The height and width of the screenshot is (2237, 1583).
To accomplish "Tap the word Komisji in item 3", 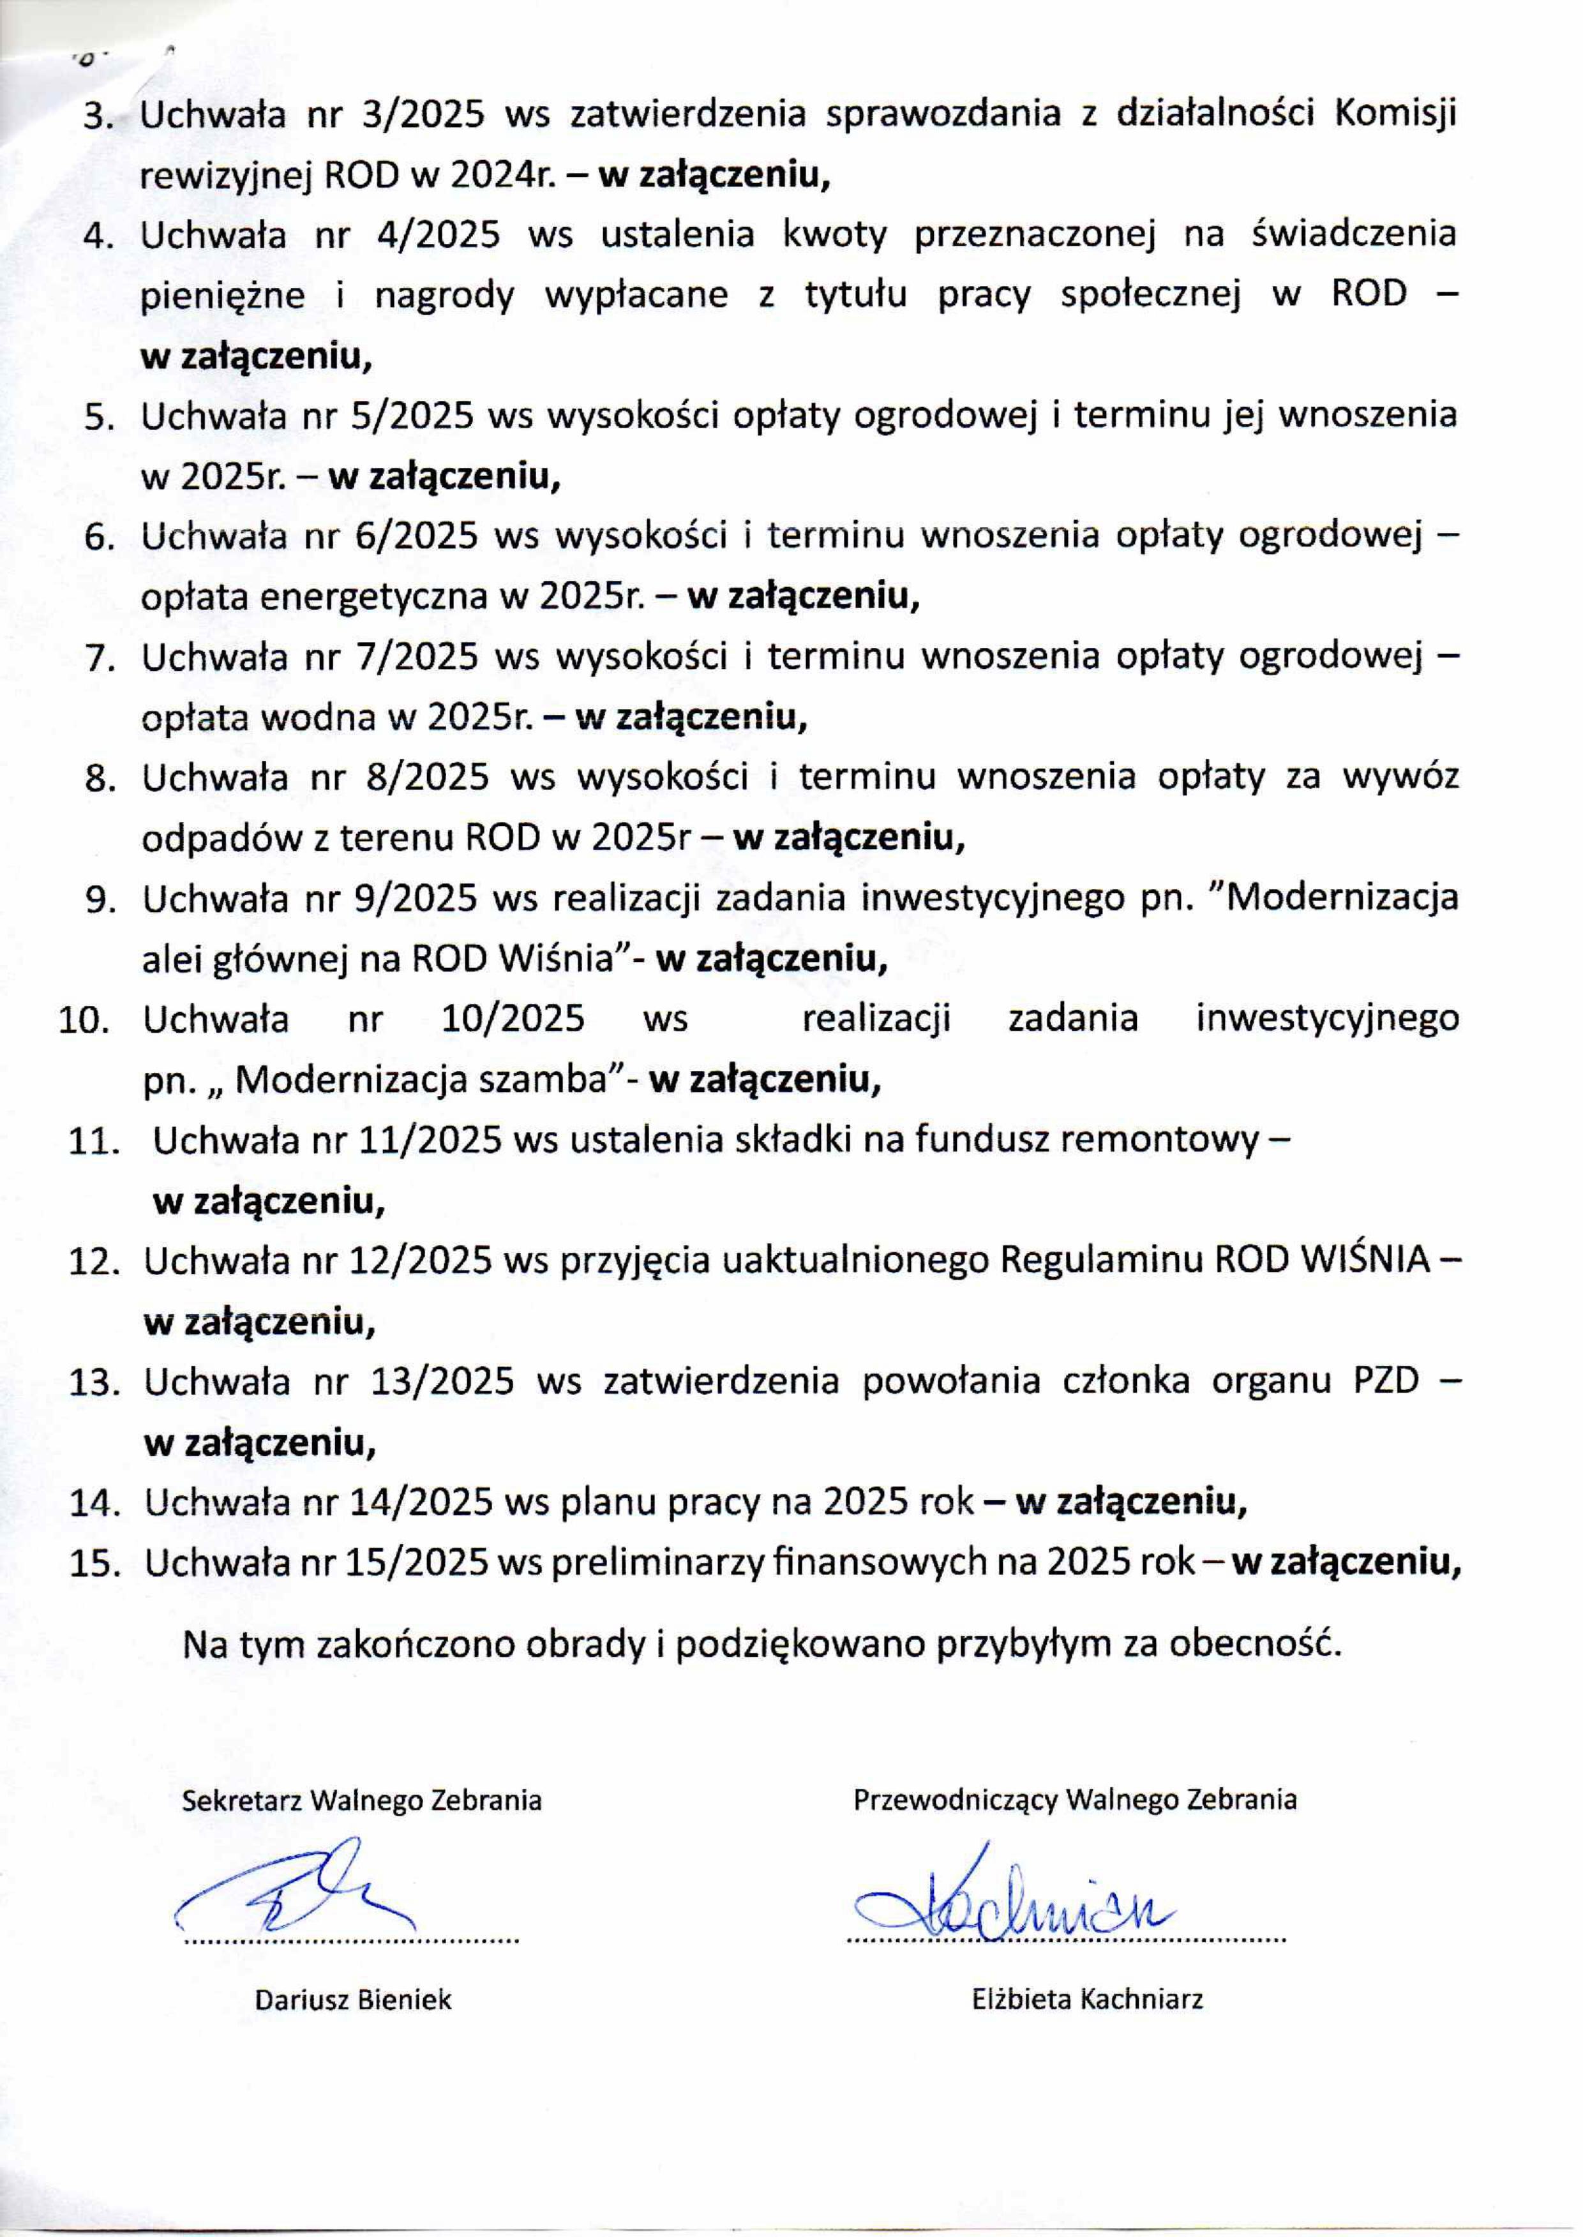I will [1395, 115].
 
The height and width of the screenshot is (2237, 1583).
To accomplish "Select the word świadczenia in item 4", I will [1352, 235].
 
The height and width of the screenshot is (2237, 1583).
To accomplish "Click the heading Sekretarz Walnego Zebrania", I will [362, 1799].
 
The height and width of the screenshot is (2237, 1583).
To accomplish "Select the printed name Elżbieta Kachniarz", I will [1087, 2000].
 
